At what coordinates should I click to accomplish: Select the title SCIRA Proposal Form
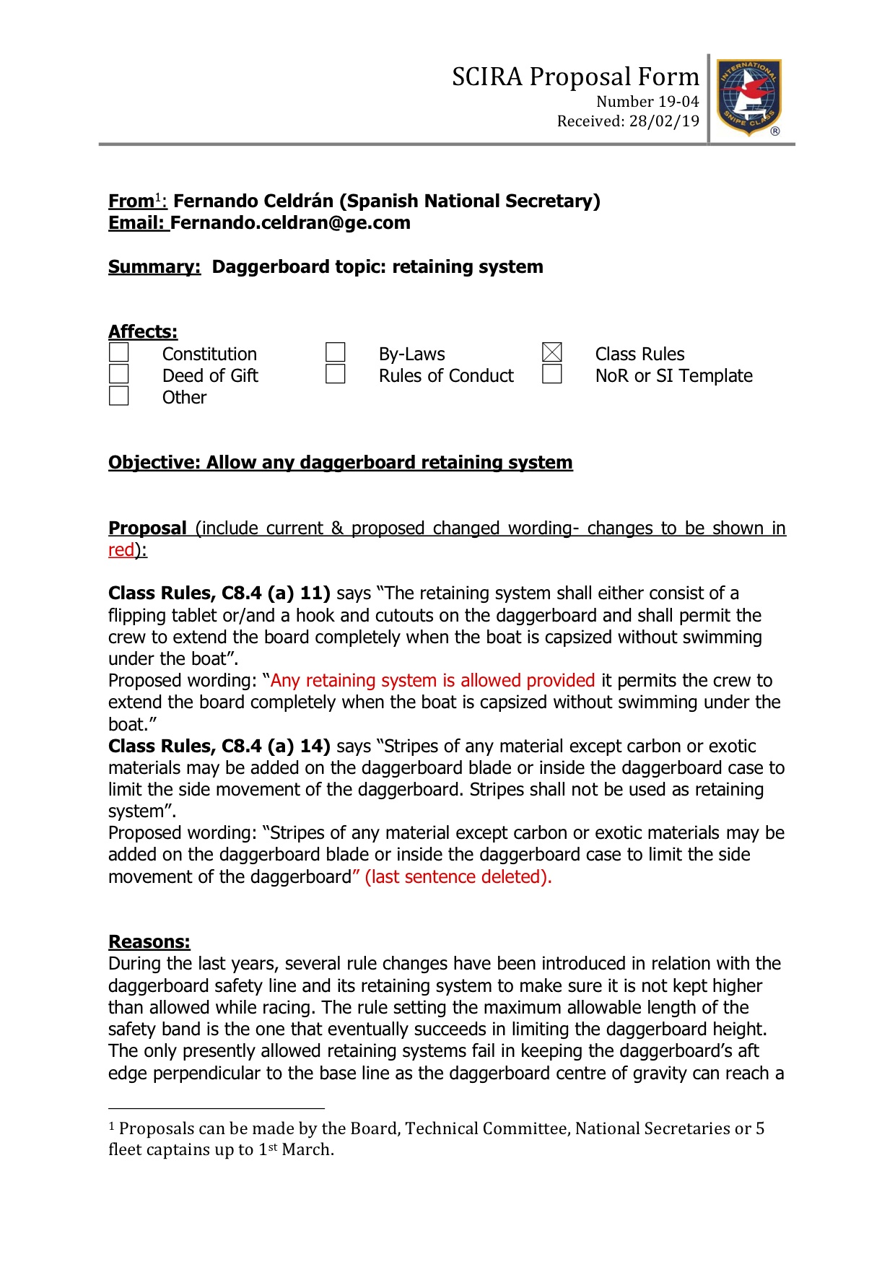click(575, 77)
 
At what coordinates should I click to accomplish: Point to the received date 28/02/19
click(664, 121)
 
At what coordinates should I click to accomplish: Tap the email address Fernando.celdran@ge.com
click(290, 223)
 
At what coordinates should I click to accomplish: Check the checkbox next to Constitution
click(119, 352)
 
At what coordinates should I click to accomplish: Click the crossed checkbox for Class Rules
click(552, 352)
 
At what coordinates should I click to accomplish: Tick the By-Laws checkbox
click(336, 352)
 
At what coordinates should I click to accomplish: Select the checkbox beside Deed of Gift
click(119, 374)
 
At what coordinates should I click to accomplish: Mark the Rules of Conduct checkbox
click(336, 374)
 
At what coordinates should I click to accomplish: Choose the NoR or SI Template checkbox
click(552, 374)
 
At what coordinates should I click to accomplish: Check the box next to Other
click(119, 396)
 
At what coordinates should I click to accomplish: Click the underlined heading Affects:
click(143, 332)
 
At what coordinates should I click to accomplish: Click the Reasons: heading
click(149, 942)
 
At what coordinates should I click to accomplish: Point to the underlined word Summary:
click(154, 267)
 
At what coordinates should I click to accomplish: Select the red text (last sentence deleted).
click(458, 877)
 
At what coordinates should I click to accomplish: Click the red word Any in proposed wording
click(285, 681)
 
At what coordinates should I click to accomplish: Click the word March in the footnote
click(307, 1150)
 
